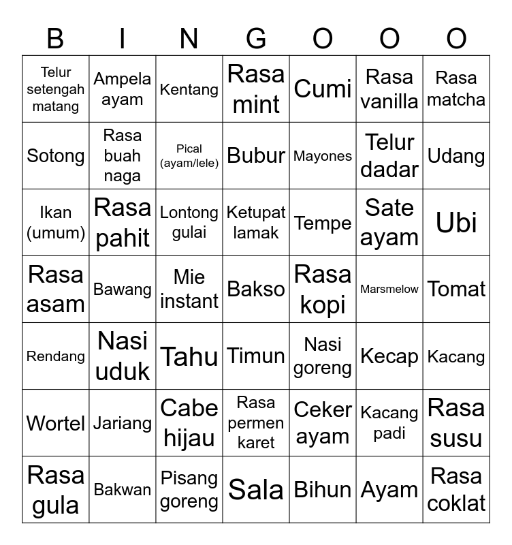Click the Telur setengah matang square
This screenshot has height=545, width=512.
[x=56, y=89]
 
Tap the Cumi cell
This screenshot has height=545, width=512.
[x=323, y=89]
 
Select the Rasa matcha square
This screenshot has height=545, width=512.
[x=456, y=89]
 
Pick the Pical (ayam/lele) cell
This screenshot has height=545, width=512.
[x=189, y=156]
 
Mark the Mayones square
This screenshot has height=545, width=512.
[x=323, y=156]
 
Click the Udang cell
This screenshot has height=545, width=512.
[x=456, y=156]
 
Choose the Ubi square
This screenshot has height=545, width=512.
[x=456, y=223]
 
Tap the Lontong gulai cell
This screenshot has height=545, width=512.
[x=189, y=223]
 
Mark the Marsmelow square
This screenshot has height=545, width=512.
[x=389, y=290]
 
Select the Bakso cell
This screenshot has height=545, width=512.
[x=256, y=290]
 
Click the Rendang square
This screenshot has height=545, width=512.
[x=56, y=356]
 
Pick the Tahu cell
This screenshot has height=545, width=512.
[x=189, y=356]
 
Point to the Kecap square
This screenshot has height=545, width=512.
[x=389, y=356]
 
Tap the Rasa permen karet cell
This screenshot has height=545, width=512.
[x=256, y=423]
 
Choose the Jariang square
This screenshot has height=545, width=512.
[x=123, y=423]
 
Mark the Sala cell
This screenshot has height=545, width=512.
[x=256, y=490]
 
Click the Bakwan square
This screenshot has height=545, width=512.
[x=123, y=490]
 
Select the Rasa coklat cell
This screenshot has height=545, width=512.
[x=456, y=490]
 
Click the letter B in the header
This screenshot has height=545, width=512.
[x=55, y=39]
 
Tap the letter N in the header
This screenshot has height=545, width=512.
[x=189, y=39]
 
